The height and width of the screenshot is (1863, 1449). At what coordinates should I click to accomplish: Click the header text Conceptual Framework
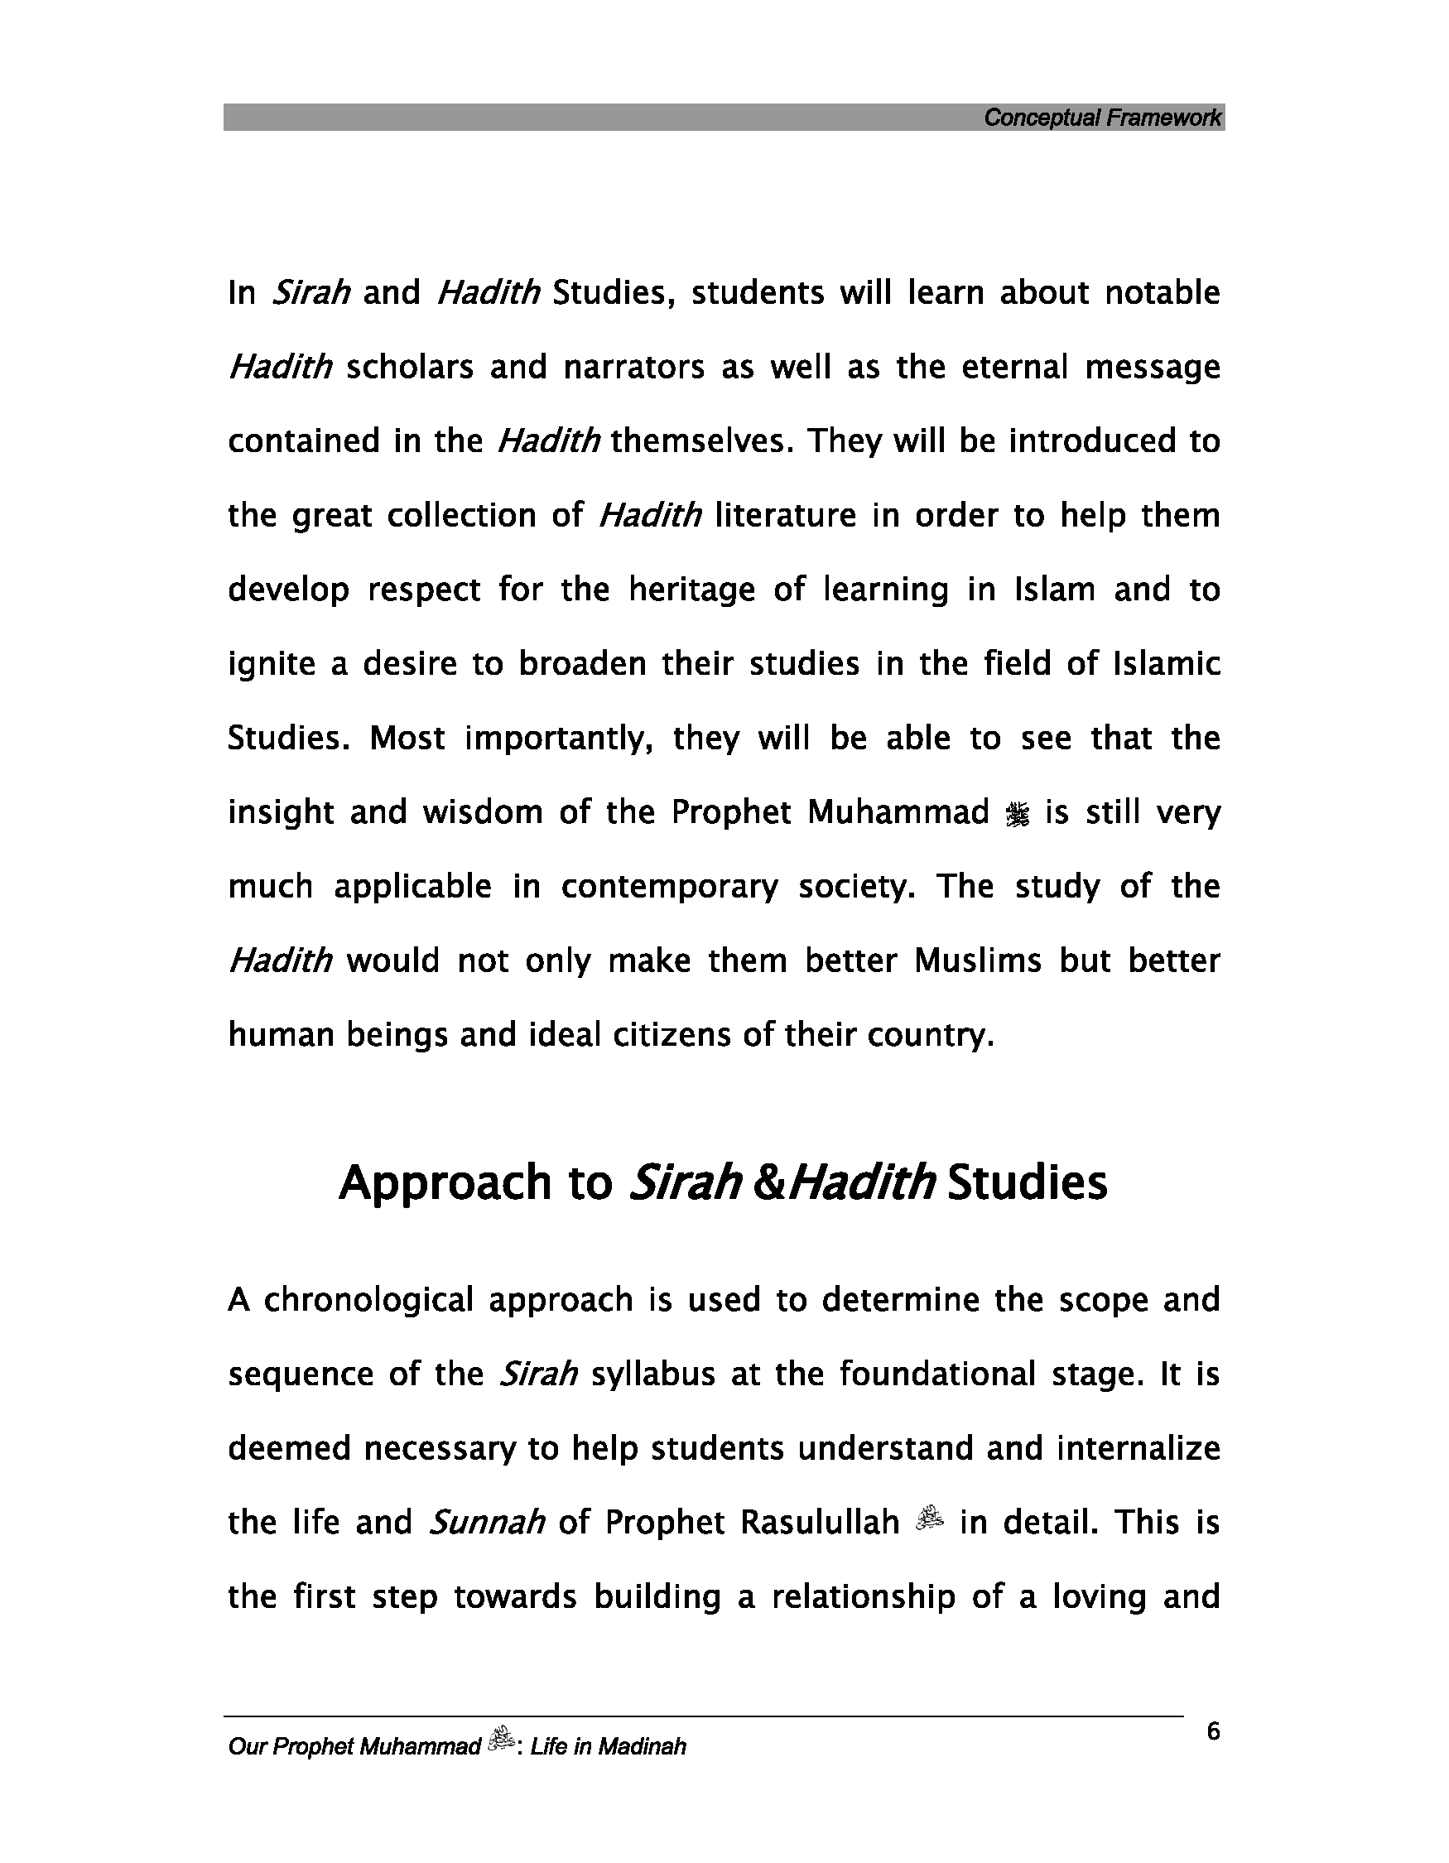1102,118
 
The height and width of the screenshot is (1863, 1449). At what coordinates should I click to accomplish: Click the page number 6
1214,1731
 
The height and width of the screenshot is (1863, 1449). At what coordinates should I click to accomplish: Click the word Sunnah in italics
487,1523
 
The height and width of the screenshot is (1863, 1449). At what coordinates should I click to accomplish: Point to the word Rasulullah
820,1523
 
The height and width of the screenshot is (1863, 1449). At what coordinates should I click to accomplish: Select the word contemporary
670,887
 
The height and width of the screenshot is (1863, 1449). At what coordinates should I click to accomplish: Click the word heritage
691,590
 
